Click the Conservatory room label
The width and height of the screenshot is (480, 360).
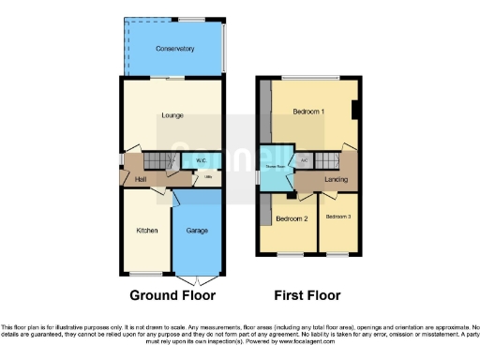[x=175, y=49]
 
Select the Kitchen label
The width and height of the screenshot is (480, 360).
[x=147, y=230]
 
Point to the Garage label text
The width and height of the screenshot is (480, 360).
[x=197, y=230]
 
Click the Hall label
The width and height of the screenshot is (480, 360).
[x=141, y=179]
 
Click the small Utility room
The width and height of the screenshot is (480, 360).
[x=207, y=176]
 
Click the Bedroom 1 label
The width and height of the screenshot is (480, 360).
[x=308, y=112]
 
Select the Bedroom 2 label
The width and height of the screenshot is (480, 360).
[x=292, y=218]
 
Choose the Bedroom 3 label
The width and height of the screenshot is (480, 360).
[x=337, y=217]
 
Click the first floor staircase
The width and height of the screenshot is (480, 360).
[x=327, y=160]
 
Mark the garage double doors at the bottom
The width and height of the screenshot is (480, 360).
[x=197, y=278]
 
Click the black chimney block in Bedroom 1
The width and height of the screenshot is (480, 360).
[x=354, y=110]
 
